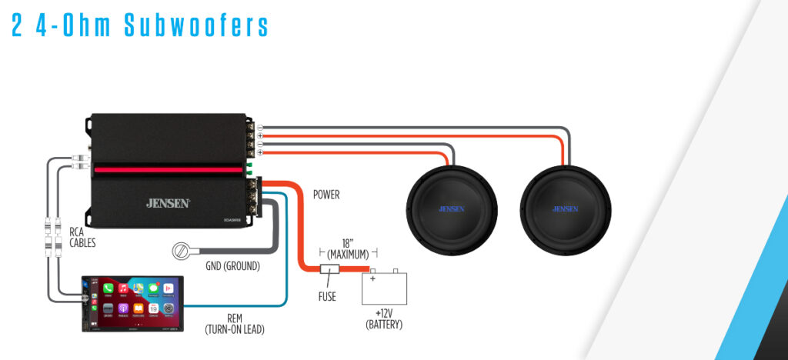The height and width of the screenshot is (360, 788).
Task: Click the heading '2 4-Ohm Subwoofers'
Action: pyautogui.click(x=139, y=25)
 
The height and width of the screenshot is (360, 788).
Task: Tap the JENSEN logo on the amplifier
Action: pyautogui.click(x=168, y=203)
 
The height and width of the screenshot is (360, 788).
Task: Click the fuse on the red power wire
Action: pyautogui.click(x=329, y=270)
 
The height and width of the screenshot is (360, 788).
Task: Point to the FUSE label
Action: pyautogui.click(x=327, y=296)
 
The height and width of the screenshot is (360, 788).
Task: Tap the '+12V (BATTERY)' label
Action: pyautogui.click(x=384, y=319)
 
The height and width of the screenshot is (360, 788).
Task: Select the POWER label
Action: pyautogui.click(x=326, y=195)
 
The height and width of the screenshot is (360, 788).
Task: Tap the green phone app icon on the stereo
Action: pyautogui.click(x=109, y=288)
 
